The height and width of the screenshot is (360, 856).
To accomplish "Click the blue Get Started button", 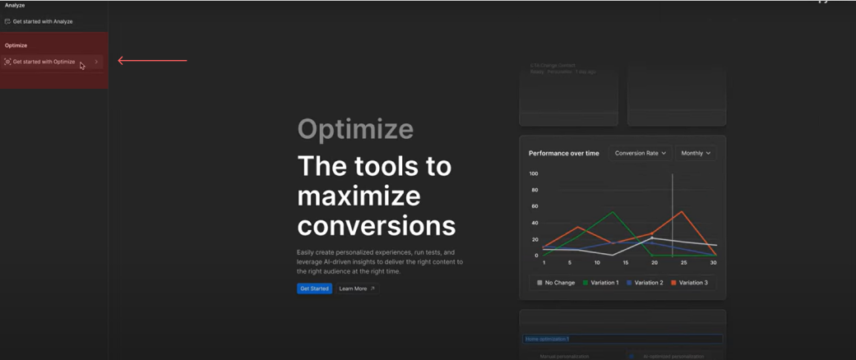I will tap(314, 288).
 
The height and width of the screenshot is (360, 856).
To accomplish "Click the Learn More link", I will tap(356, 288).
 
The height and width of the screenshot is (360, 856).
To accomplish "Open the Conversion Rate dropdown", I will tap(640, 153).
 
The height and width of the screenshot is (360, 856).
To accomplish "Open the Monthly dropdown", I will tap(696, 153).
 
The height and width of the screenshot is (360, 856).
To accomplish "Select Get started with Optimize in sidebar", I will tap(44, 62).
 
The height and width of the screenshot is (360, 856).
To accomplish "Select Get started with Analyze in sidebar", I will tap(43, 21).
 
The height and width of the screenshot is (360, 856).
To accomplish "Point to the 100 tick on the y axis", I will tap(534, 173).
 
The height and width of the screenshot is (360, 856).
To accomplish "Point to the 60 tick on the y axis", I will tap(534, 206).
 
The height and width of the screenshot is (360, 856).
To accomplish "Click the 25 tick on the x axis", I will tap(684, 263).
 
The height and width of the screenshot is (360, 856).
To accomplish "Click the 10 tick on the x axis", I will tap(598, 263).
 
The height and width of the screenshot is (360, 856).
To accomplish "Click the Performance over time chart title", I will tap(564, 153).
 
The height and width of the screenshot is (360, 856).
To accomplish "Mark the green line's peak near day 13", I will tap(613, 212).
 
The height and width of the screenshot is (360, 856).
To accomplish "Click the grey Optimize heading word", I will tap(355, 129).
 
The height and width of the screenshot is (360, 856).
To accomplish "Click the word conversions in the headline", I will tap(377, 225).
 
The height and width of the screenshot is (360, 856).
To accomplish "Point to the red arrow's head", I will tap(120, 60).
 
